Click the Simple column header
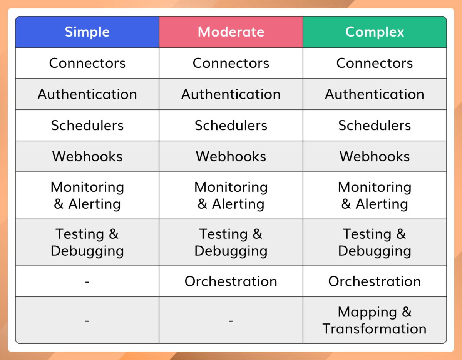(87, 32)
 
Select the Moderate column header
(231, 32)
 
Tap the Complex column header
(375, 32)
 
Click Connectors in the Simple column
(87, 63)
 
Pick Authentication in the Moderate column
(231, 94)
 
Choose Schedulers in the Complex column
(375, 126)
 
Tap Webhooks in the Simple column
(87, 156)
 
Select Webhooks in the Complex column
(375, 156)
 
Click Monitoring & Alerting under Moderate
(231, 196)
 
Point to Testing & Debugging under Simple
(87, 242)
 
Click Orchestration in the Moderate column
(231, 281)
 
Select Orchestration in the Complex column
(375, 281)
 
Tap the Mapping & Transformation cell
(375, 320)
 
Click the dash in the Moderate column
(231, 320)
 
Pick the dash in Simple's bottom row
(87, 320)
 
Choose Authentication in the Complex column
(375, 94)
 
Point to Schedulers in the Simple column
(87, 126)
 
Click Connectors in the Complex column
(375, 63)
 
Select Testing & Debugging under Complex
(375, 242)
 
